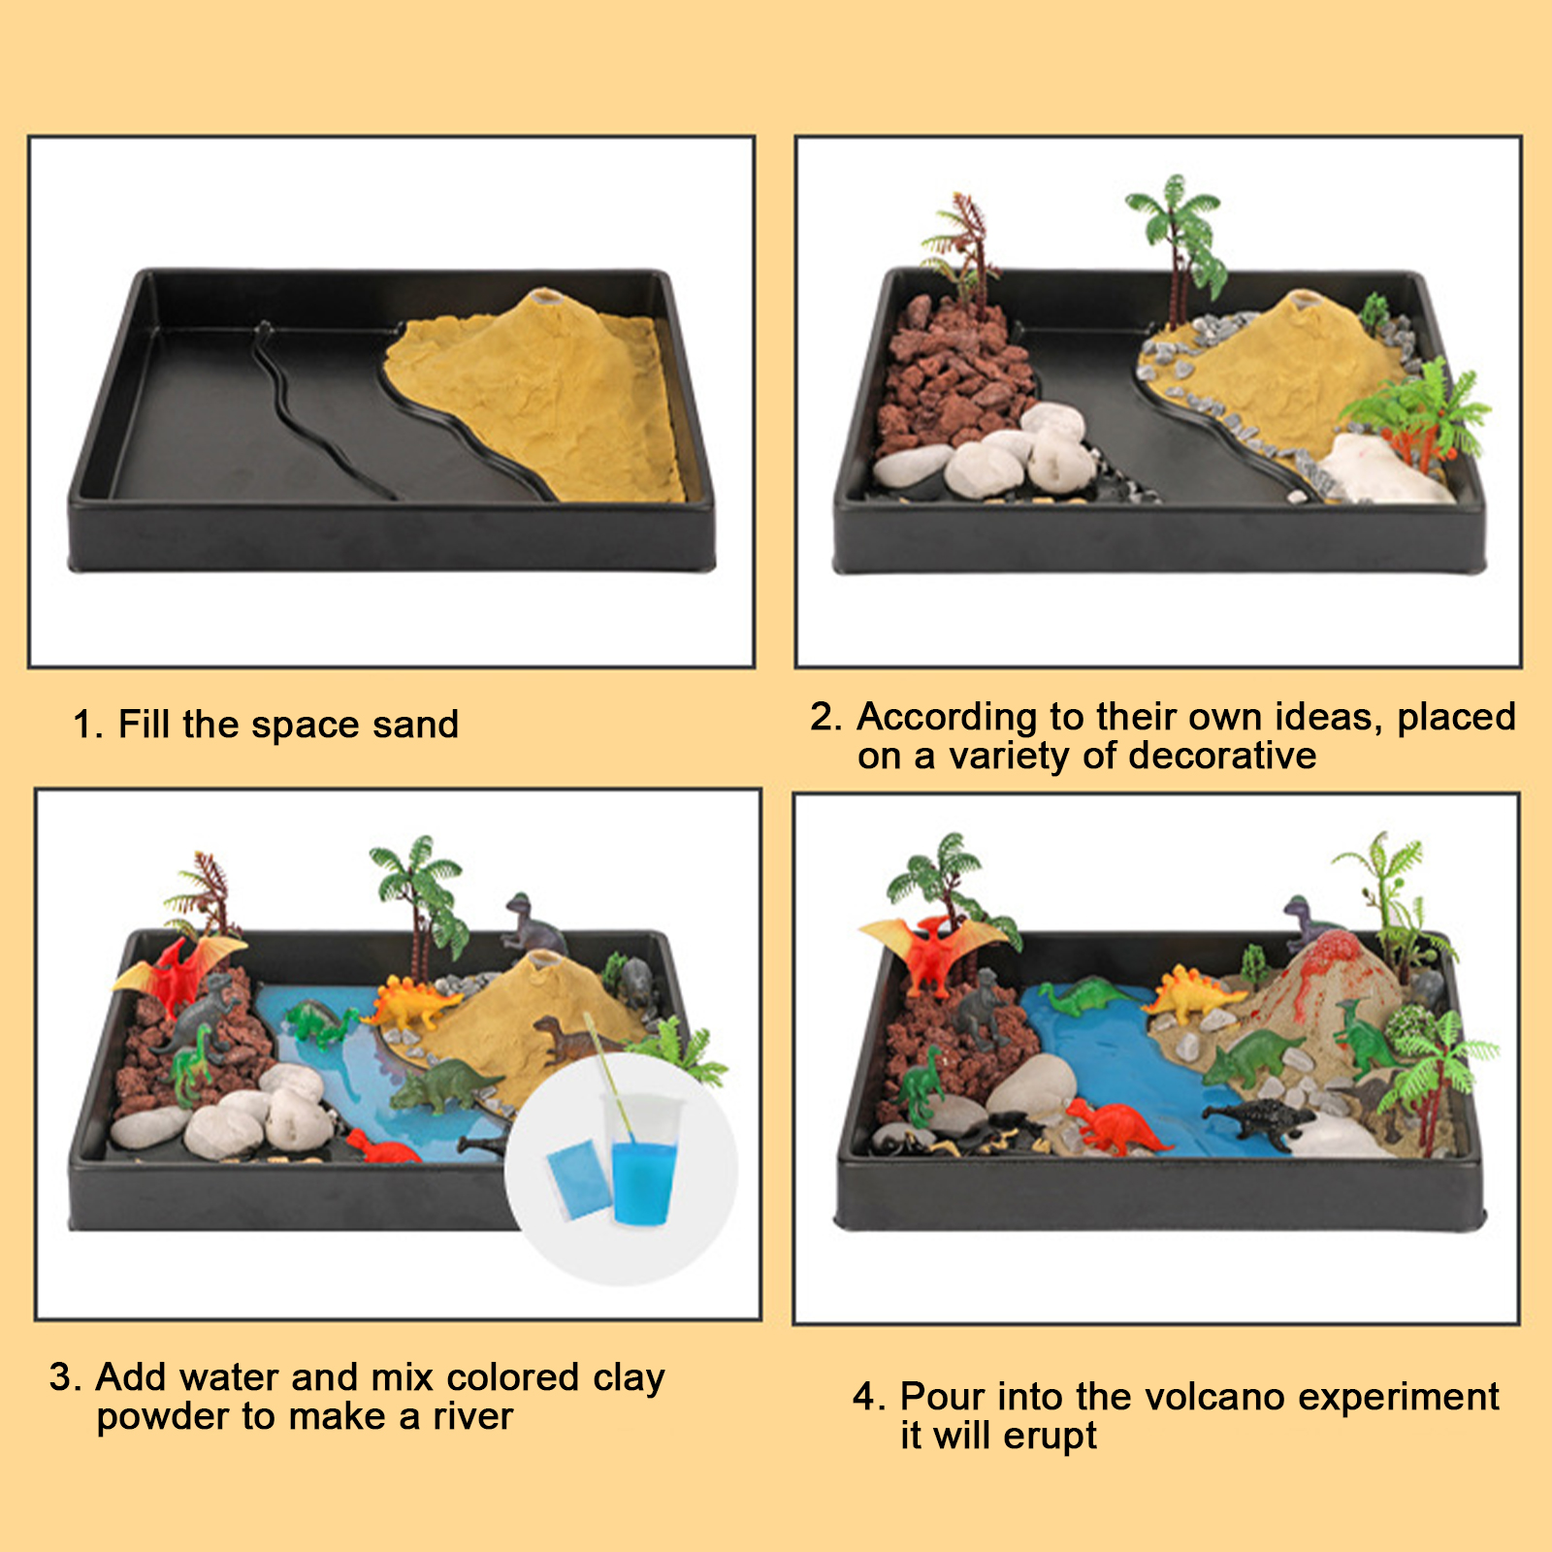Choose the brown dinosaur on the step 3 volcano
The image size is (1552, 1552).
(567, 1038)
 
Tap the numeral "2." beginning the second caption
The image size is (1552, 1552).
(826, 717)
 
